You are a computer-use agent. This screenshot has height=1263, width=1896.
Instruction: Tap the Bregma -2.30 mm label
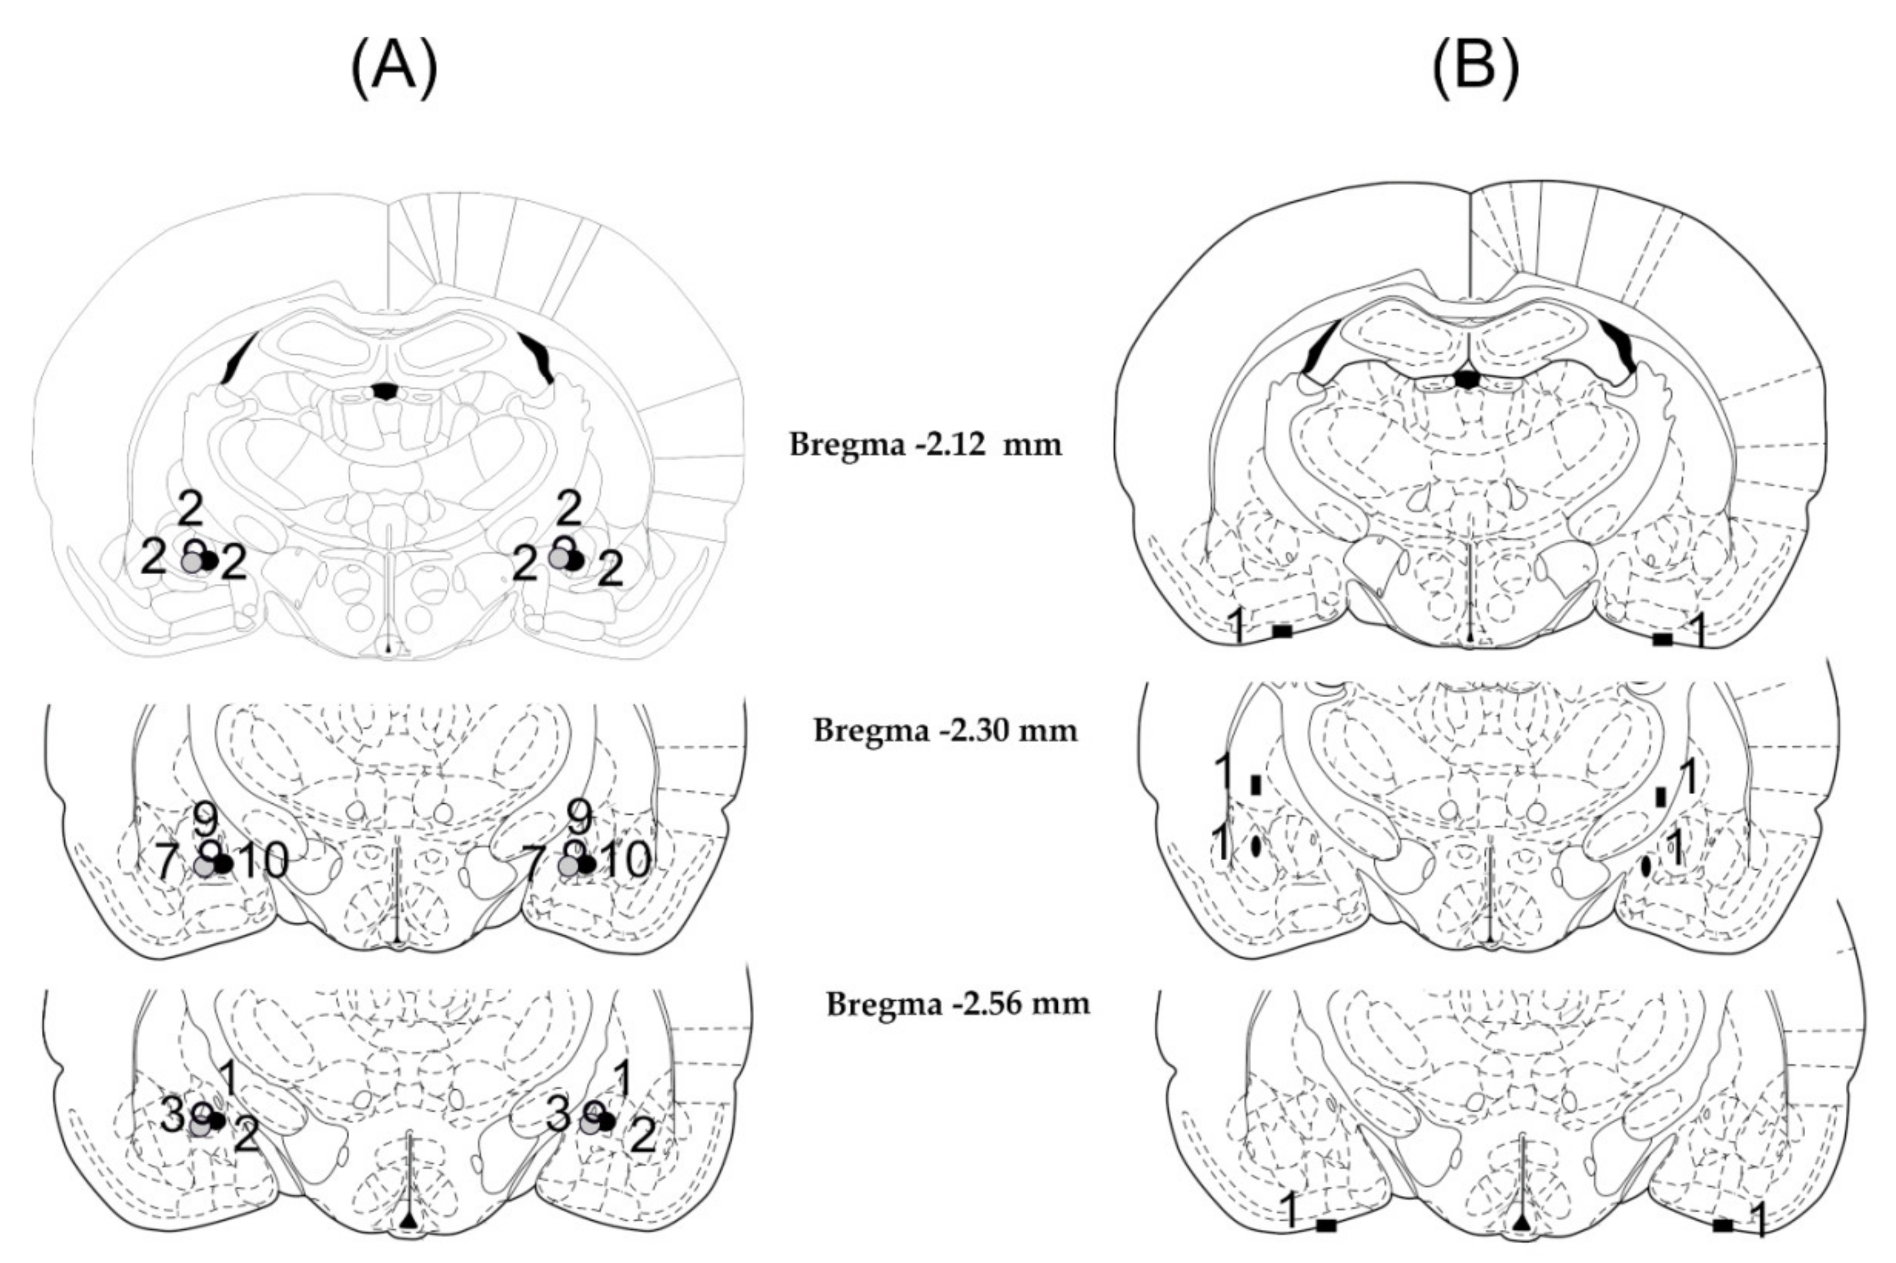945,730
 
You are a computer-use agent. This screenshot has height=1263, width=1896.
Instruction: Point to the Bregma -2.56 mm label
958,1004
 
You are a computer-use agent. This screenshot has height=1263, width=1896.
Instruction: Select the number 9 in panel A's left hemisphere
205,820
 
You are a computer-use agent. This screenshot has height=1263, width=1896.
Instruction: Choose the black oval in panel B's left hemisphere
1255,847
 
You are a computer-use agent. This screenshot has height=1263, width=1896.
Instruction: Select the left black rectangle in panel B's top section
1282,632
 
